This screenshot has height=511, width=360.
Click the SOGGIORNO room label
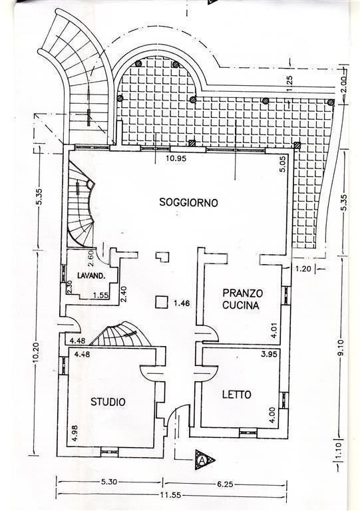(x=188, y=202)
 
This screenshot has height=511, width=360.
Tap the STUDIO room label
(x=108, y=402)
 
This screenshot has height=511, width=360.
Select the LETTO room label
(x=237, y=395)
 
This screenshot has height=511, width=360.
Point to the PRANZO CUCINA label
(x=242, y=299)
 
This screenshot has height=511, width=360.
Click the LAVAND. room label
(x=91, y=275)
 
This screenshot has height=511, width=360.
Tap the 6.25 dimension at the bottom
(x=225, y=484)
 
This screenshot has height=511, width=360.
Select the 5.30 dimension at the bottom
(x=109, y=482)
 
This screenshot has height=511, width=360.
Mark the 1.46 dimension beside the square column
(x=182, y=303)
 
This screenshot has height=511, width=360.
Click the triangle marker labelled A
(x=204, y=460)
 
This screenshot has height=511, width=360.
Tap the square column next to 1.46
(x=162, y=302)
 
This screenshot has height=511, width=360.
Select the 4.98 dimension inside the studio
(x=75, y=433)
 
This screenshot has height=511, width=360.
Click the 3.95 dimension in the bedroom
(x=269, y=353)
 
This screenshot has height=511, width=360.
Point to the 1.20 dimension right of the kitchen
(x=303, y=269)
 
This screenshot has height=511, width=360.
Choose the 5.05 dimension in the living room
(x=282, y=164)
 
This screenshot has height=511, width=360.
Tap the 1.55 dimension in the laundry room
(x=100, y=295)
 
